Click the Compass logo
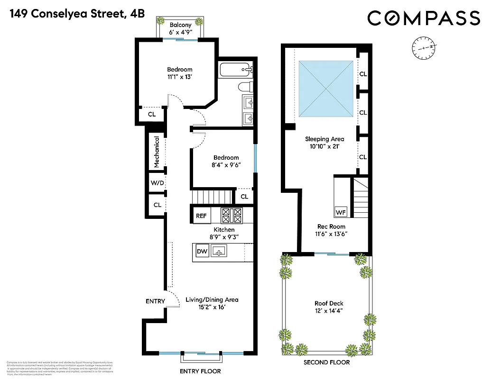tap(424, 18)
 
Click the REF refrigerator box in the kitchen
tap(201, 216)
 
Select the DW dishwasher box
tap(201, 252)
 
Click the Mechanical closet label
tap(156, 152)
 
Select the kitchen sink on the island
tap(220, 252)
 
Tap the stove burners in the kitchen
tap(232, 216)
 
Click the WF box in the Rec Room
tap(341, 212)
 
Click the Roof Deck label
tap(329, 303)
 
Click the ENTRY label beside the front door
tap(155, 301)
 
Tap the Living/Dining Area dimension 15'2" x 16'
tap(212, 307)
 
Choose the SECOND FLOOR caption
tap(326, 362)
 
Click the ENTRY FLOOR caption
tap(200, 371)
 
